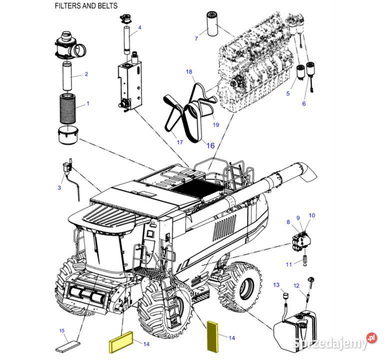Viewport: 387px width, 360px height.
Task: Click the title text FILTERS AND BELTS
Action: [x=85, y=6]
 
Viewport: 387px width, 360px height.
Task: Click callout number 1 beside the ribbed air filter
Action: [x=88, y=104]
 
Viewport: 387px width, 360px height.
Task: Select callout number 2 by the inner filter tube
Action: [x=86, y=74]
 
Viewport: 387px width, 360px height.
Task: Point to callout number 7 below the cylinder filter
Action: [x=196, y=38]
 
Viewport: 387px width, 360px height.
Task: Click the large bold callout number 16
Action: [x=210, y=145]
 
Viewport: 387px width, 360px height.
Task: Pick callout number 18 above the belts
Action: [x=189, y=72]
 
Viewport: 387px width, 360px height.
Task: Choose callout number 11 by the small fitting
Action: [x=288, y=264]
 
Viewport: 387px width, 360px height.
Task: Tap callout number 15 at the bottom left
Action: [x=62, y=330]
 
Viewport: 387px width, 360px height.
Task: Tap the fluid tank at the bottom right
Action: [x=295, y=323]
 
